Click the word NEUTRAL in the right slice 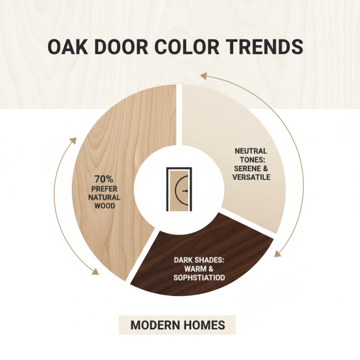point(251,151)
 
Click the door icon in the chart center point(180,189)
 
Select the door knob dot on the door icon point(184,191)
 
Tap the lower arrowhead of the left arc point(96,271)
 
